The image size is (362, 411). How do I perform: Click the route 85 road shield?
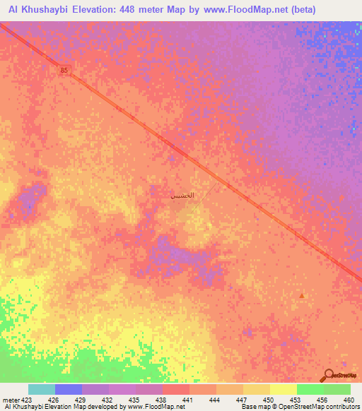tap(65, 70)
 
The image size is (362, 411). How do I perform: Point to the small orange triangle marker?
tap(303, 296)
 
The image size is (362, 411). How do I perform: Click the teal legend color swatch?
tap(42, 389)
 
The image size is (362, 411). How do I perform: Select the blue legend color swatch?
tap(69, 389)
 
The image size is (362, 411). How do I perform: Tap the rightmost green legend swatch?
tap(337, 389)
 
